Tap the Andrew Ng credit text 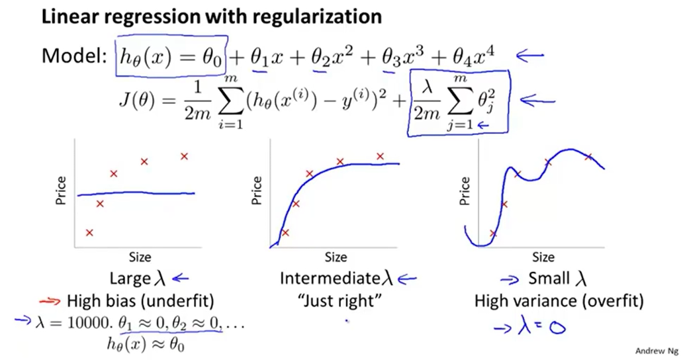pyautogui.click(x=656, y=351)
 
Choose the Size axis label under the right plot pyautogui.click(x=543, y=257)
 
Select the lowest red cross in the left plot pyautogui.click(x=89, y=232)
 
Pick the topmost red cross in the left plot pyautogui.click(x=185, y=156)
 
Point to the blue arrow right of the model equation pyautogui.click(x=529, y=56)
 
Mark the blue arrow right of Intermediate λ pyautogui.click(x=406, y=279)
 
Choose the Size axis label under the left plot pyautogui.click(x=140, y=257)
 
